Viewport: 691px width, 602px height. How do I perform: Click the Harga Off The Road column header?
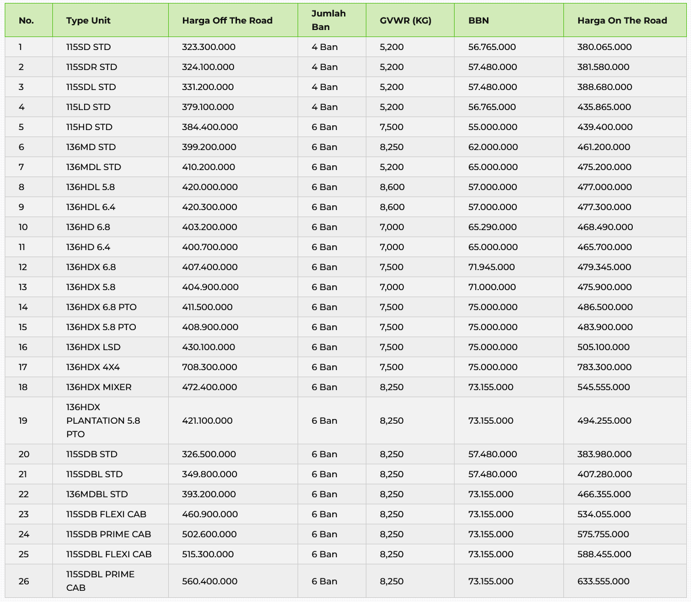227,21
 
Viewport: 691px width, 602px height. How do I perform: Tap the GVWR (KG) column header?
406,21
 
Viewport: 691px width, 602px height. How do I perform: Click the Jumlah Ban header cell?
328,21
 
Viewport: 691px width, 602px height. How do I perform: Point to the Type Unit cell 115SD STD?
88,47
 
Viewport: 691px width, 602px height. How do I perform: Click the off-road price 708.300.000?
209,367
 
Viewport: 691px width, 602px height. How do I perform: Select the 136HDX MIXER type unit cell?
99,387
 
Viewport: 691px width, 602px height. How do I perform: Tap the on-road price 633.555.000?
603,581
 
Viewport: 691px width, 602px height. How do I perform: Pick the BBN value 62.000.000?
493,147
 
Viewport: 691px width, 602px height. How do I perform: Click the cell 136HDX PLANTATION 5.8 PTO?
103,421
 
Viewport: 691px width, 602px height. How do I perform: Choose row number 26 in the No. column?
24,581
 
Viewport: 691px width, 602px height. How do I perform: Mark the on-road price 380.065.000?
605,47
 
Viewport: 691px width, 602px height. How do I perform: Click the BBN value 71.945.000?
492,267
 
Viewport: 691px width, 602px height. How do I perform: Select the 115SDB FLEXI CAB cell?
106,514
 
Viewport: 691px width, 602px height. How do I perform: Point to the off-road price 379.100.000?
208,107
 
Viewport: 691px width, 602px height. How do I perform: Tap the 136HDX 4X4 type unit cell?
93,367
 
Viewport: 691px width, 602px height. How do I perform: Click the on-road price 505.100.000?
603,347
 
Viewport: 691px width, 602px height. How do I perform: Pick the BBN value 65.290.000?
493,227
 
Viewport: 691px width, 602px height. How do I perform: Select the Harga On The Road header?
622,21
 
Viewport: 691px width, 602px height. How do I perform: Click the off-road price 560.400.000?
210,581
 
